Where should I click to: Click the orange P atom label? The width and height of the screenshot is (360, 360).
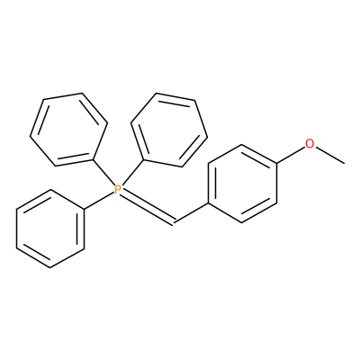(118, 189)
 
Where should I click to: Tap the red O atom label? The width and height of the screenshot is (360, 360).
(310, 143)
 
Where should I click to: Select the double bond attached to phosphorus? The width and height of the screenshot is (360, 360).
(147, 208)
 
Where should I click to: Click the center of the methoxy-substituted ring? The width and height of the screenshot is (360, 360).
(242, 184)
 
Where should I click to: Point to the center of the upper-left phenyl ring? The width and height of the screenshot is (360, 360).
(68, 130)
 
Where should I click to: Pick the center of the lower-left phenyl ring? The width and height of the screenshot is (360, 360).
(50, 229)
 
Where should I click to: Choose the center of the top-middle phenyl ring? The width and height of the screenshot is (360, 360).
(169, 130)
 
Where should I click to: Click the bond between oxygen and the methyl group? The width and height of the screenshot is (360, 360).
(329, 155)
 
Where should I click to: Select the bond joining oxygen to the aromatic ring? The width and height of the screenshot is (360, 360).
(291, 155)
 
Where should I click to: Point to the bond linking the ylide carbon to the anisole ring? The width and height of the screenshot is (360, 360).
(191, 213)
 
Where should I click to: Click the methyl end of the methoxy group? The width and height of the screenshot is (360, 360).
(344, 164)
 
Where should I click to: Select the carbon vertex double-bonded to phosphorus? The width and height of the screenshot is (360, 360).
(174, 223)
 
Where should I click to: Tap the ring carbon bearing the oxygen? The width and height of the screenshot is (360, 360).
(276, 164)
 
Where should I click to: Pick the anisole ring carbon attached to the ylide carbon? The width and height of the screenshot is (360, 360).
(208, 203)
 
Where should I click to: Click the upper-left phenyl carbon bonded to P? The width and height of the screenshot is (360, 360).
(93, 159)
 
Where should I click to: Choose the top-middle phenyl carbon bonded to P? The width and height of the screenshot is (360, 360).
(143, 159)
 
